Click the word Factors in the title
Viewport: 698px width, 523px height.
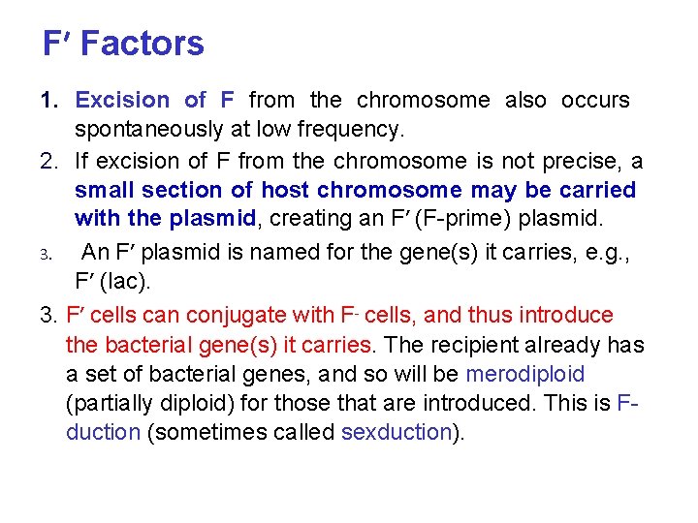pyautogui.click(x=143, y=44)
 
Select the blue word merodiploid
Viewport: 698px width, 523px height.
pyautogui.click(x=525, y=374)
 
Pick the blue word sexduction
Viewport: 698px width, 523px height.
pyautogui.click(x=397, y=432)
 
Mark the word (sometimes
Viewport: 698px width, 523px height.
pyautogui.click(x=205, y=432)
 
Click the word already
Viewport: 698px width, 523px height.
pyautogui.click(x=572, y=345)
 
